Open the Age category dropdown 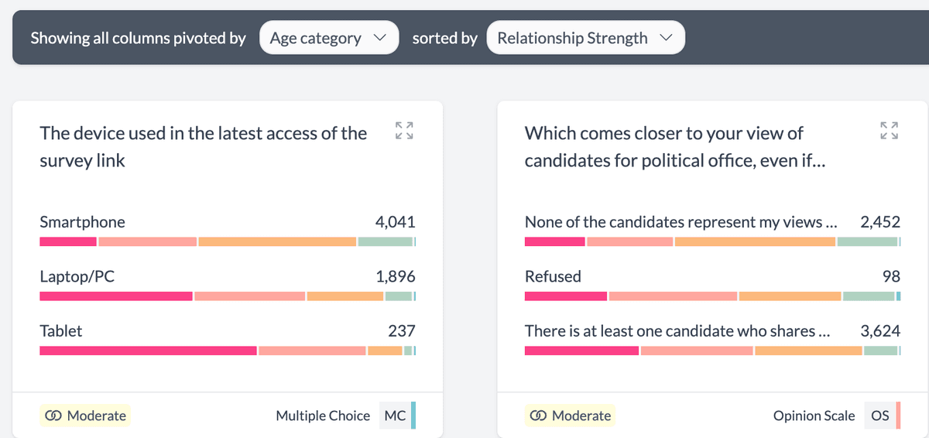click(x=328, y=38)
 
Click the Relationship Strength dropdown click(x=585, y=38)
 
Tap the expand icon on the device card click(x=403, y=131)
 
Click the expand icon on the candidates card click(x=889, y=131)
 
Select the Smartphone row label click(x=82, y=222)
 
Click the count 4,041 click(x=395, y=222)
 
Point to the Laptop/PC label click(x=77, y=276)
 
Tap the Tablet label click(x=60, y=331)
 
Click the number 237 click(x=401, y=331)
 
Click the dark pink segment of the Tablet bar click(x=147, y=351)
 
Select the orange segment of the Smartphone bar click(x=277, y=241)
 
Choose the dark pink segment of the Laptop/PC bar click(x=115, y=296)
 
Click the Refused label click(x=553, y=276)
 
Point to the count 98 click(x=890, y=276)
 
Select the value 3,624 click(x=880, y=331)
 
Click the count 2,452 click(x=880, y=222)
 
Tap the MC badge click(x=395, y=416)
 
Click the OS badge click(x=880, y=416)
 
